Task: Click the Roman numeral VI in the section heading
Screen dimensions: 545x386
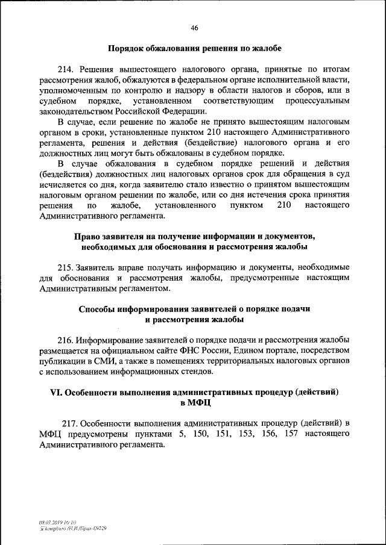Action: (55, 391)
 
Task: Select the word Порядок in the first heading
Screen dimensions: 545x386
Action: (127, 48)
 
